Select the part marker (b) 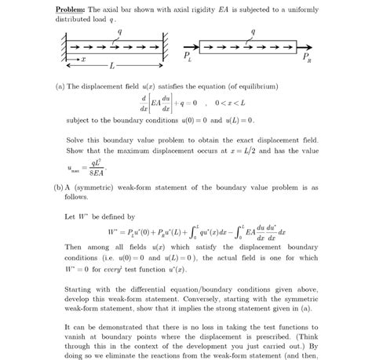60,188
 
